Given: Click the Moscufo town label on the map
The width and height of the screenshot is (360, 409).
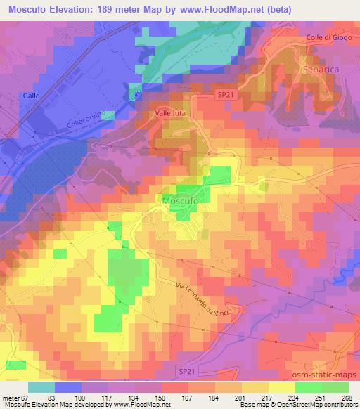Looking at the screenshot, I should pyautogui.click(x=184, y=200).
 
